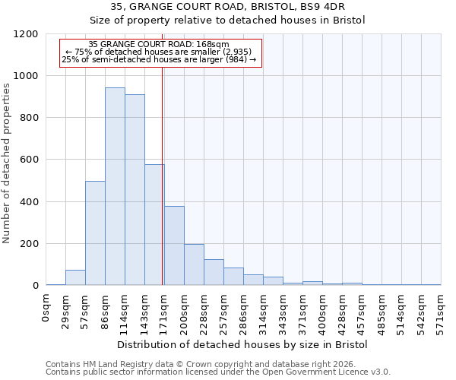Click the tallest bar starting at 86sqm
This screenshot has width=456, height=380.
pos(115,186)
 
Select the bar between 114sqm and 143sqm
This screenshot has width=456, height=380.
pos(135,190)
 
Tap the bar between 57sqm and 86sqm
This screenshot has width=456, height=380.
pos(95,233)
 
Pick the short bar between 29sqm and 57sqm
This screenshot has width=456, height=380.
pos(75,277)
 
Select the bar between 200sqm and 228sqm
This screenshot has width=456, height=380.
pos(194,264)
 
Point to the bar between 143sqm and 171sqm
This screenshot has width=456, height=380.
pos(154,225)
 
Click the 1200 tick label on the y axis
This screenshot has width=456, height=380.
pos(27,34)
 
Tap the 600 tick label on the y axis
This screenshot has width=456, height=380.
pos(29,160)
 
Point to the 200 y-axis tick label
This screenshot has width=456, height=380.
pos(29,244)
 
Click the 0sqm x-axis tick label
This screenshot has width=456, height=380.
pos(46,307)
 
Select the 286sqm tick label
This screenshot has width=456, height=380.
pos(244,310)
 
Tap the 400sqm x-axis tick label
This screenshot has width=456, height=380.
pos(323,310)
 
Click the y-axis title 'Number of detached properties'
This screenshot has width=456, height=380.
pos(7,160)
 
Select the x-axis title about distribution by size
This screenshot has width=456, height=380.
pos(243,345)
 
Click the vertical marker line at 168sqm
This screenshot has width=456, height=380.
pos(163,175)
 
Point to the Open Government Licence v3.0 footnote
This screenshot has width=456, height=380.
pos(218,372)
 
